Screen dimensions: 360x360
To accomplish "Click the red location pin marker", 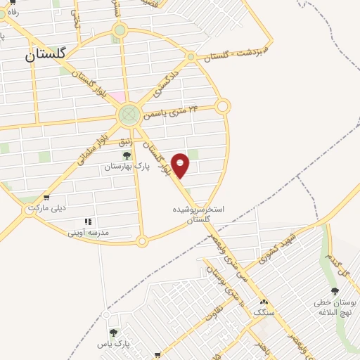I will click(x=181, y=165).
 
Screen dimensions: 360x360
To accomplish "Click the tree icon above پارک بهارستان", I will click(x=127, y=155).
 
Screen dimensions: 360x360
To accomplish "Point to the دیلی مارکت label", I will click(x=46, y=209).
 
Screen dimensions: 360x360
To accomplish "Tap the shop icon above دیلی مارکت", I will click(x=46, y=198).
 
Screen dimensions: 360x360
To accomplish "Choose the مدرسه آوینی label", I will click(x=91, y=231).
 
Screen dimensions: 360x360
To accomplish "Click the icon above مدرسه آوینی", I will click(x=87, y=221).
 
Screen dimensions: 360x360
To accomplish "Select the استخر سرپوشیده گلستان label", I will click(x=198, y=214).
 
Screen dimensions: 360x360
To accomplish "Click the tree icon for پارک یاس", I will click(x=113, y=333).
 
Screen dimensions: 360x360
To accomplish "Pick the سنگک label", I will click(x=262, y=311).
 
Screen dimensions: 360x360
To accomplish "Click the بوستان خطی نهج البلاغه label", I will click(x=335, y=307).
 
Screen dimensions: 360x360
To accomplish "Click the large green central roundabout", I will click(x=129, y=115).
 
